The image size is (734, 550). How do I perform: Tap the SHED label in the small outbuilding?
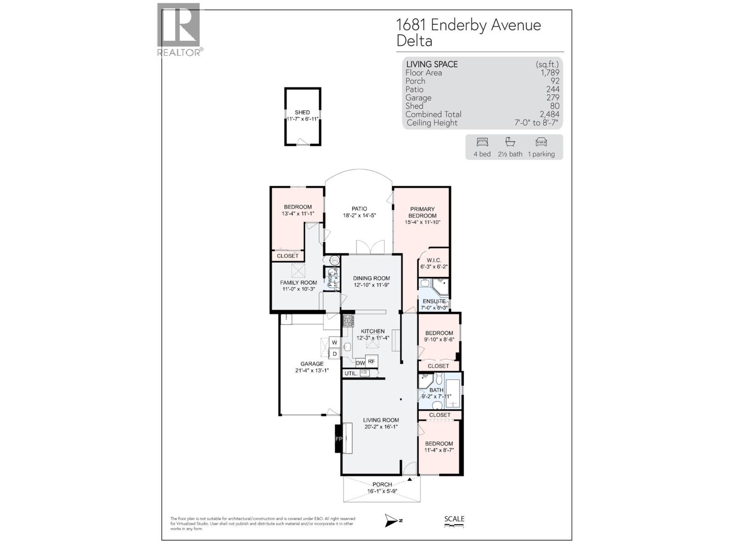pos(302,112)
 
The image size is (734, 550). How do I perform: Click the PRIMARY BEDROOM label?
pos(422,212)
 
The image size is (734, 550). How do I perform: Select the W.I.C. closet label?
pos(434,260)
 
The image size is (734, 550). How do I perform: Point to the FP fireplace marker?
pos(339,439)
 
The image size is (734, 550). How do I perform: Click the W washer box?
pos(334,342)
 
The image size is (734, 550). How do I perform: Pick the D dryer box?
pos(335,353)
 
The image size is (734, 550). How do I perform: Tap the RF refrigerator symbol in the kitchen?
pos(371,361)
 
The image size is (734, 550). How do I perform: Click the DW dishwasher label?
pos(360,363)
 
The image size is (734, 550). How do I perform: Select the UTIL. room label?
pos(351,374)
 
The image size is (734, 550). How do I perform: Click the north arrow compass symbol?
pos(392,520)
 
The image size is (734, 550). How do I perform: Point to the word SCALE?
pos(454,519)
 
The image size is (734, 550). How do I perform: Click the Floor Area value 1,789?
pos(550,72)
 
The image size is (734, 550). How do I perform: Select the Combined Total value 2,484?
pos(549,114)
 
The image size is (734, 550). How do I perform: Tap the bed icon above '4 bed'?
pos(482,142)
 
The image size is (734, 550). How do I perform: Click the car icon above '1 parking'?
pos(541,142)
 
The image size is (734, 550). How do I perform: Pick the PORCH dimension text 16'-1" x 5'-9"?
pos(382,491)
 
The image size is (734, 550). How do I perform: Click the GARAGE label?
pos(312,364)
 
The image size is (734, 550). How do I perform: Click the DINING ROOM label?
pos(371,278)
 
